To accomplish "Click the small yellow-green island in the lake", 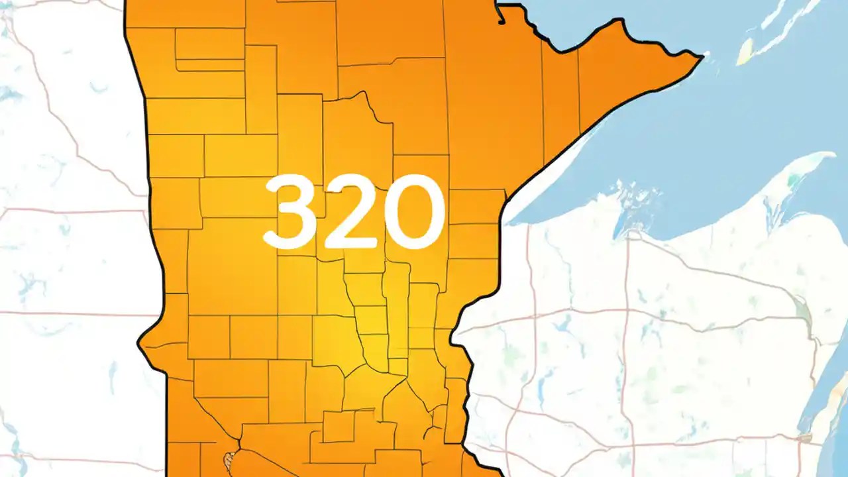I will [x=745, y=49].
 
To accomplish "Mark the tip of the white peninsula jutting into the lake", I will [x=831, y=156].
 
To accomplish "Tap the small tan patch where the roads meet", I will [x=806, y=438].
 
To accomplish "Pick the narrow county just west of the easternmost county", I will [x=560, y=99].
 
